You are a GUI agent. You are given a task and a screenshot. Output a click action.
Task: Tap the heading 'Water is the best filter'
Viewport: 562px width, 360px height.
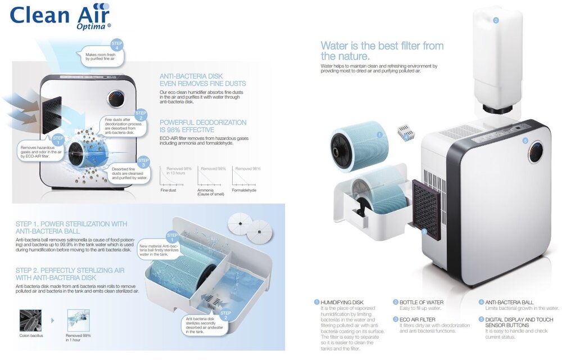click(x=382, y=51)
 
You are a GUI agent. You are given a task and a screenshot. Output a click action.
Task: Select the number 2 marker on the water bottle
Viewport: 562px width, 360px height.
click(x=496, y=20)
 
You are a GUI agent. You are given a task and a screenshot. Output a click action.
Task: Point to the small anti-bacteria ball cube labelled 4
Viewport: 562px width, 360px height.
click(x=405, y=133)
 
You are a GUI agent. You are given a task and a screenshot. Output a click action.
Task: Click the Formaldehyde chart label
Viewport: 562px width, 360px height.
click(x=244, y=190)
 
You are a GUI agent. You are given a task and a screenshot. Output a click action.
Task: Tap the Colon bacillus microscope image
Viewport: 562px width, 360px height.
click(x=30, y=320)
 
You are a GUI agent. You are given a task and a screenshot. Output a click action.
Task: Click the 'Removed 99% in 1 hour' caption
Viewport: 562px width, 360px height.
click(x=79, y=337)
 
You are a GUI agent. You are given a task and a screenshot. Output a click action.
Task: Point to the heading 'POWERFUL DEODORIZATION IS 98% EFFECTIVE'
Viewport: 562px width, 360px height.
click(x=202, y=126)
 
